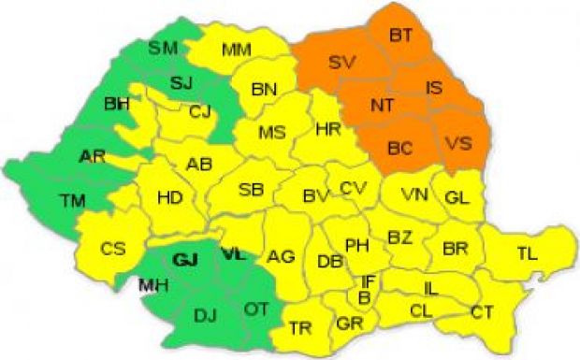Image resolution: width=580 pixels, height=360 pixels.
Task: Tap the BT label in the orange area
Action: click(400, 36)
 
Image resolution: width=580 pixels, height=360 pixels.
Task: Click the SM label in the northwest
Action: click(164, 48)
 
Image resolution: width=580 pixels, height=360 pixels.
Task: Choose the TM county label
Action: click(71, 199)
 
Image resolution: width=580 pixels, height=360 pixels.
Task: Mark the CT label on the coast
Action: click(483, 310)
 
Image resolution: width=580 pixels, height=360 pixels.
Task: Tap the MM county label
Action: click(237, 50)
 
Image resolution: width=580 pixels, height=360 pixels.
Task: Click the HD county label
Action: click(169, 197)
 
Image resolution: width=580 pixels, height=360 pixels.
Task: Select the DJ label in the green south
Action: click(204, 316)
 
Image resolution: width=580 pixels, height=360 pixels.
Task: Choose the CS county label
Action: click(113, 248)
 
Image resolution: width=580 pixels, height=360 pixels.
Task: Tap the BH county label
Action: click(117, 104)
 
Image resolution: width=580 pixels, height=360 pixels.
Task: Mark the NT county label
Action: click(382, 106)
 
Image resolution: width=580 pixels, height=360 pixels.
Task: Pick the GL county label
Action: click(457, 197)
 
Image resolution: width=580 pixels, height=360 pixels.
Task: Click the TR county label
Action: click(300, 326)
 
